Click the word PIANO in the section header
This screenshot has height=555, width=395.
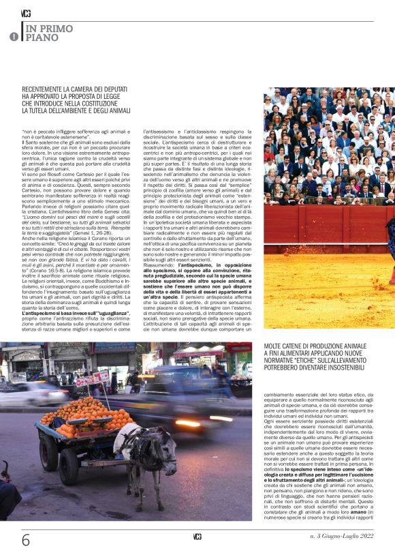38,38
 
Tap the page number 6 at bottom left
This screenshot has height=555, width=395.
26,539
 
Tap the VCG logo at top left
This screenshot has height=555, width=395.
26,13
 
